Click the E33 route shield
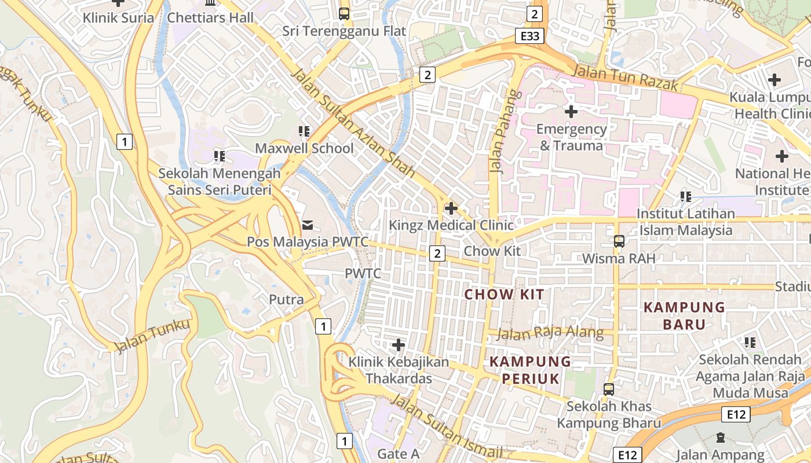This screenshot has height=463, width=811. pos(530,36)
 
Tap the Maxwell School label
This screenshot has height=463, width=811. pos(304,148)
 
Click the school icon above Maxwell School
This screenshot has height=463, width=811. pos(304,131)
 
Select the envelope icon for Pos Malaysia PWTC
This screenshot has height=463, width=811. pos(307,225)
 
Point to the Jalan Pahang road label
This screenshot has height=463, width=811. pos(498,139)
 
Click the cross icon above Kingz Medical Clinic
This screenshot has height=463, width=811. pos(451,208)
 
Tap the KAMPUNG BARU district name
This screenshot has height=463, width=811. pos(684,315)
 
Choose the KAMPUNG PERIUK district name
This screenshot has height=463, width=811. pos(531,370)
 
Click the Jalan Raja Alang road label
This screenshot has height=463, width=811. pos(550,333)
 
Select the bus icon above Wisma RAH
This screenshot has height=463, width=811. pos(619,241)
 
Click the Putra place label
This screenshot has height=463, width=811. pos(286,299)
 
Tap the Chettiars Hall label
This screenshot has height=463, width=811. pos(210,17)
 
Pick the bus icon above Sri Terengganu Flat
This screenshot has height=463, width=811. pos(344,13)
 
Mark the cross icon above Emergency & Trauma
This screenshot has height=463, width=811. pos(571,111)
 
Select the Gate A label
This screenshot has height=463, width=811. pos(398,454)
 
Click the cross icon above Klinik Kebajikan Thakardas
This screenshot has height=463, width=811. pos(398,345)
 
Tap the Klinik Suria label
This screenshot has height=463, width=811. pos(118,17)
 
